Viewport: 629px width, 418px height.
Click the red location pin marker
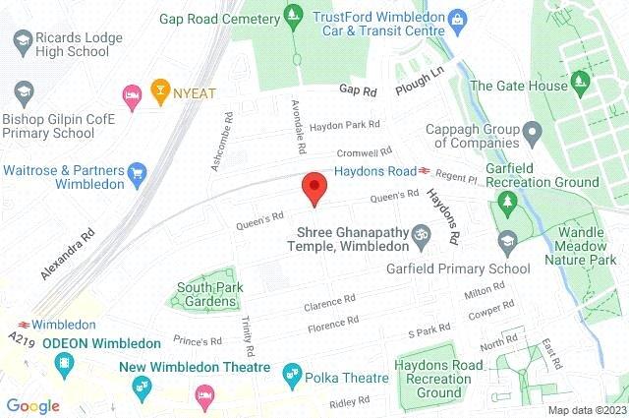(314, 187)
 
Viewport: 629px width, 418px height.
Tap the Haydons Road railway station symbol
(424, 171)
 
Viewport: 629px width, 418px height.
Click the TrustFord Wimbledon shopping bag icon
(457, 18)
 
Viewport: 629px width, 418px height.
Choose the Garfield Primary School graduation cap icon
(507, 240)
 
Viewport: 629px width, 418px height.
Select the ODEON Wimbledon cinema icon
(64, 367)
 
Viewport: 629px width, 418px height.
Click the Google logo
(32, 405)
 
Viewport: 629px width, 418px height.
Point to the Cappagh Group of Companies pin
(532, 131)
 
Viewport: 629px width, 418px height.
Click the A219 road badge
(20, 339)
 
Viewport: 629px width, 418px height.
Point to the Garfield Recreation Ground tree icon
(508, 204)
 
